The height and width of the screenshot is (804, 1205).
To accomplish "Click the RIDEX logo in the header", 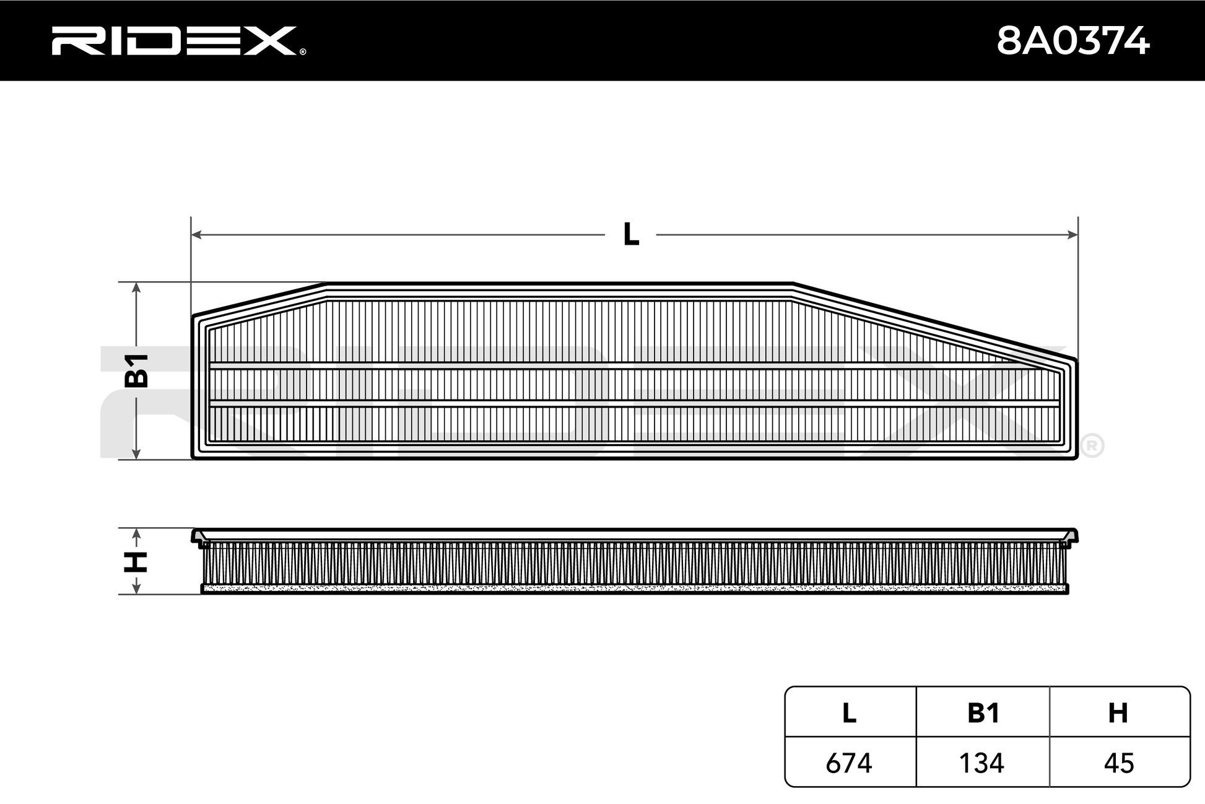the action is (175, 41).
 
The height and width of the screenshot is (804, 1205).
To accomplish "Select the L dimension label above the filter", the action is (631, 234).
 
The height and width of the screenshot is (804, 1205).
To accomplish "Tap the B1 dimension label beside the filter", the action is (137, 370).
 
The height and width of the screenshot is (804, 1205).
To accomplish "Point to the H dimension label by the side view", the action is (136, 562).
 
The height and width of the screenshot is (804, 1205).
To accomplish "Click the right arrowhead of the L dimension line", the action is (1072, 234).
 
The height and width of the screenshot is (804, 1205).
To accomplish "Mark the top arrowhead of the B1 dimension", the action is (137, 287).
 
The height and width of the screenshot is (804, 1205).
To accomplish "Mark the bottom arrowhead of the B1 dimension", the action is (137, 453).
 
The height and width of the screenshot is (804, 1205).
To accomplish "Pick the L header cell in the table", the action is (849, 713).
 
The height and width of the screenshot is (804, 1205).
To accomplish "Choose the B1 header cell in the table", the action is (983, 713).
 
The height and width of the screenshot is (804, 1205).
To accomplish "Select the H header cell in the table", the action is (1118, 713).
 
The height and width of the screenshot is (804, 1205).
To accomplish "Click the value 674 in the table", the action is (849, 763).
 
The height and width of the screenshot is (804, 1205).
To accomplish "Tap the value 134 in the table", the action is (981, 763).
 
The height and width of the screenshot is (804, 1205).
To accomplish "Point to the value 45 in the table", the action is (1119, 763).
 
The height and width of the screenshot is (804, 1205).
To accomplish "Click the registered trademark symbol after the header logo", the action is (302, 52).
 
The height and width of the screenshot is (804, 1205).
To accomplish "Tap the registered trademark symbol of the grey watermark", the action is (1092, 446).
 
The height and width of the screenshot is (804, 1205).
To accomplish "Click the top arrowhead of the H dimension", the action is (137, 534).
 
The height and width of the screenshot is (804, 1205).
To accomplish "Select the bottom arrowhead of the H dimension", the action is (137, 588).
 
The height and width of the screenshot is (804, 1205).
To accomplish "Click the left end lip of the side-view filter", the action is (198, 537).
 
